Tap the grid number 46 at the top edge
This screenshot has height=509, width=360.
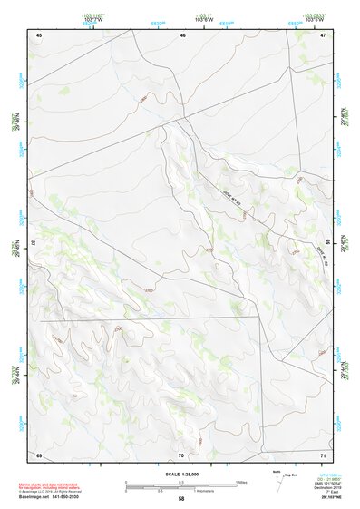(182, 34)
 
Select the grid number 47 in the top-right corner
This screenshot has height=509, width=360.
(324, 34)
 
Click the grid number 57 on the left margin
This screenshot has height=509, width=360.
(33, 243)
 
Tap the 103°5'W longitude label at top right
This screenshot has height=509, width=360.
(314, 19)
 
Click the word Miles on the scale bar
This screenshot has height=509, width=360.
(241, 482)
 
